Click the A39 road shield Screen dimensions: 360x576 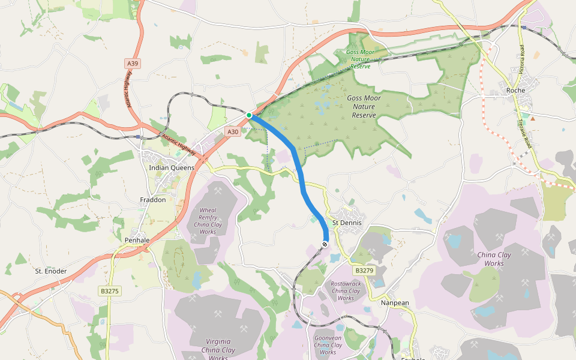coord(133,63)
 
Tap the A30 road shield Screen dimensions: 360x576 coord(233,131)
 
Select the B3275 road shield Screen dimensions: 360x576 coord(109,291)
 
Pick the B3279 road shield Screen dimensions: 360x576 coord(364,271)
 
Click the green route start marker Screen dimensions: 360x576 coord(249,115)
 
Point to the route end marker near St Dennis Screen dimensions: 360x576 coord(325,244)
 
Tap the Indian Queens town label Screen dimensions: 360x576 coord(172,167)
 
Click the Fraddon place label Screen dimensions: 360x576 coord(152,200)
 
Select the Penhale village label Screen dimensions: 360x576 coord(137,240)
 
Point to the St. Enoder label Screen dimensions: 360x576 coord(50,271)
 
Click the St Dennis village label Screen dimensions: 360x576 coord(347,223)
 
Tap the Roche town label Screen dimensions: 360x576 coord(515,91)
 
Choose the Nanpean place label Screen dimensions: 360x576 coord(395,303)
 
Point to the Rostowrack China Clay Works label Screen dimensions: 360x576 coord(346,290)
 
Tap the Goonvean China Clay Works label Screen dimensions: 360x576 coord(328,345)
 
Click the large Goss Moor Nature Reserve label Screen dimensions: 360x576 coord(364,106)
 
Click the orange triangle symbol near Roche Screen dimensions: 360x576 coord(532,118)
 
